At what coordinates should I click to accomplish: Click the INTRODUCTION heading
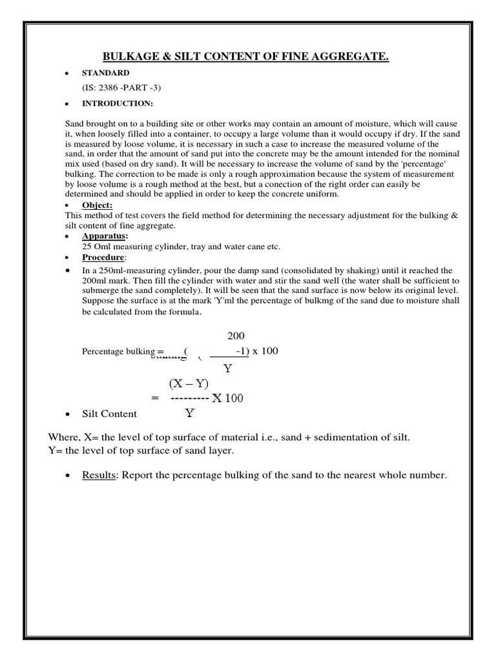coord(117,103)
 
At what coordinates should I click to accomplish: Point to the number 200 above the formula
coord(236,336)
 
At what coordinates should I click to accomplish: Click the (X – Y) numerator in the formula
coord(189,383)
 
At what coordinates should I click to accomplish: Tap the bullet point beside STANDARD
coord(67,73)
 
